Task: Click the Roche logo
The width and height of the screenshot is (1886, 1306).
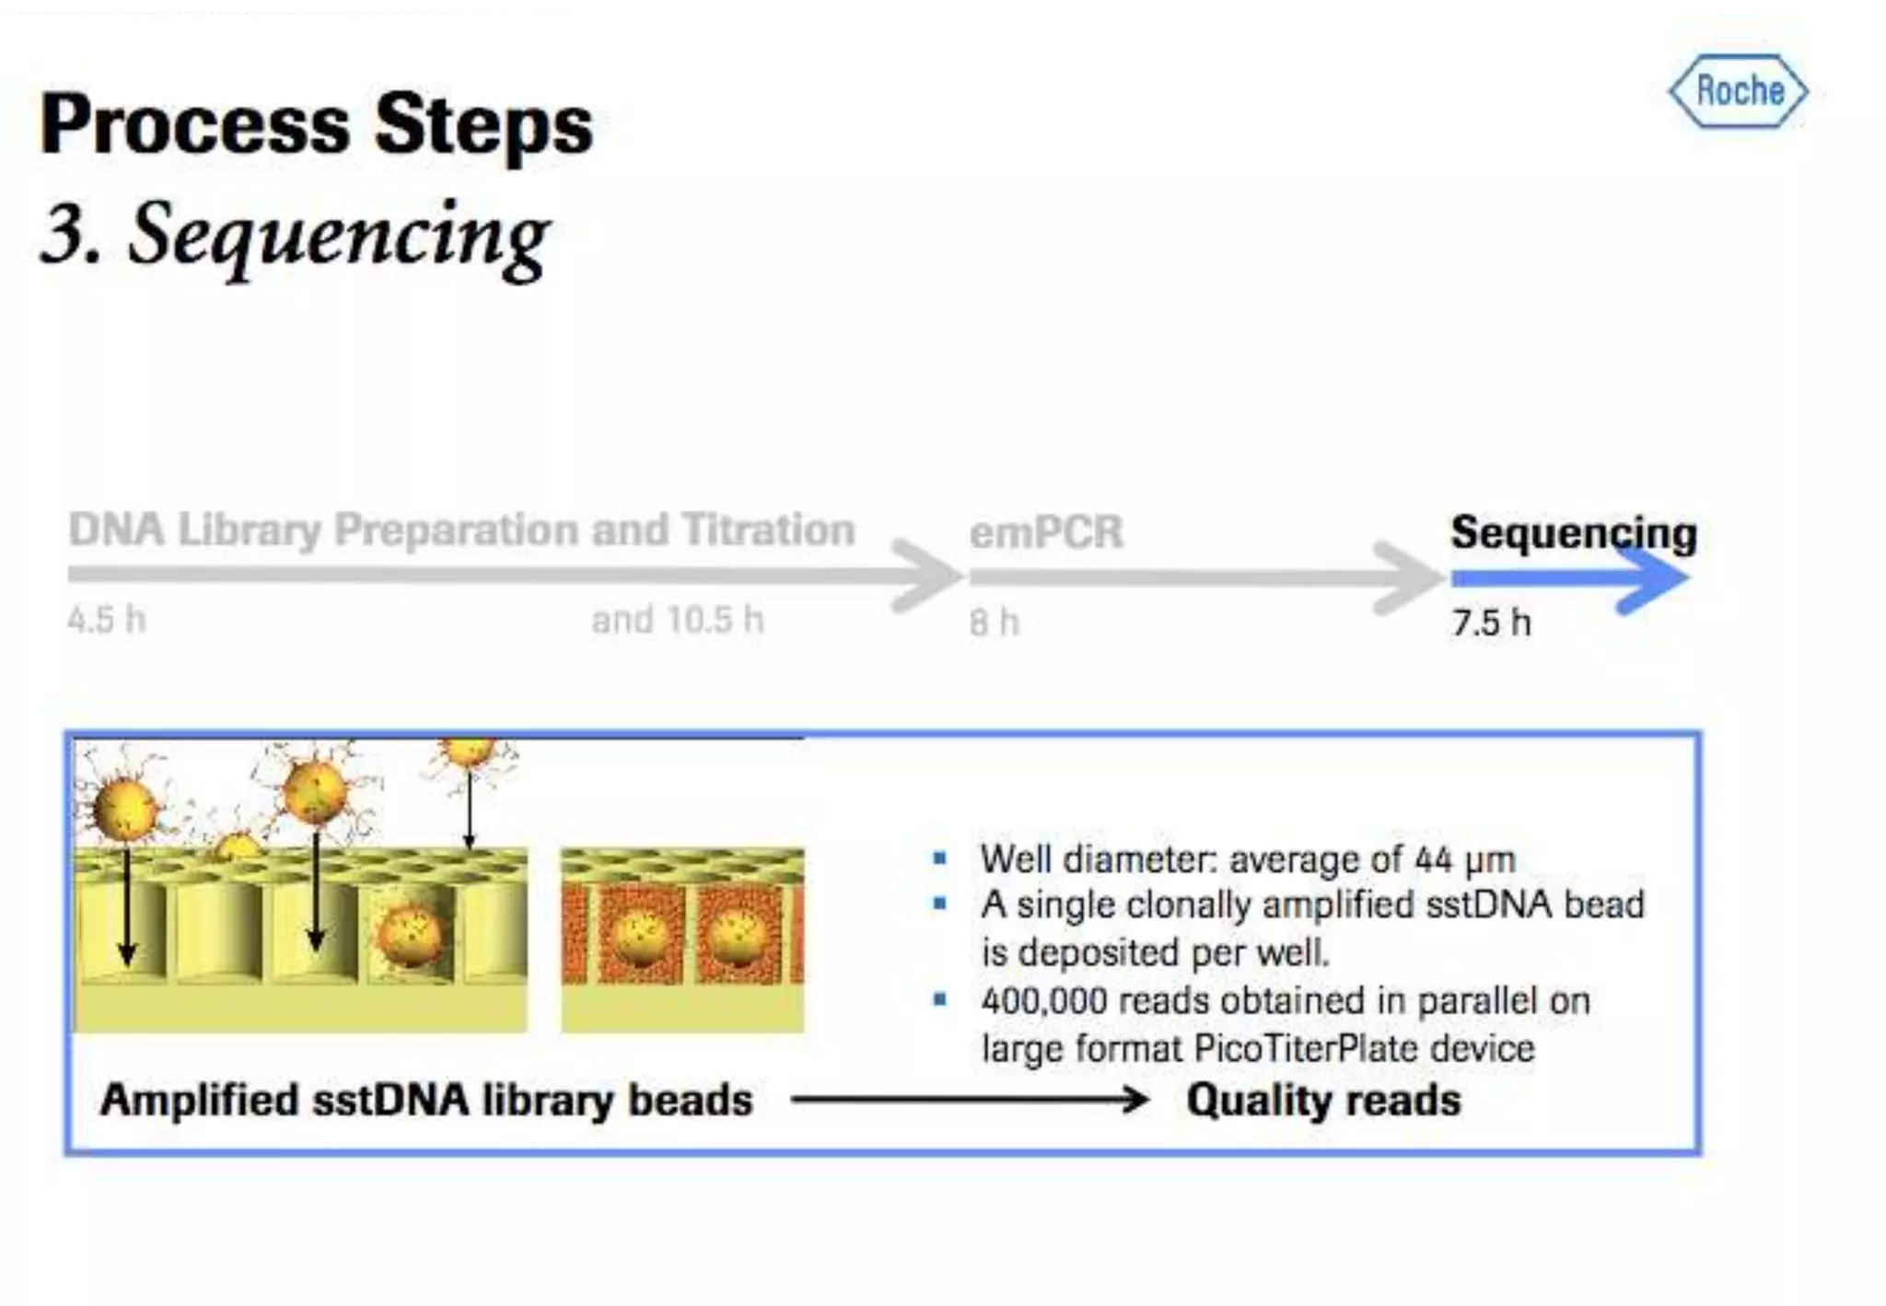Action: [x=1738, y=91]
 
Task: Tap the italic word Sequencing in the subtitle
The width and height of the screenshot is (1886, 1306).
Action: [x=338, y=235]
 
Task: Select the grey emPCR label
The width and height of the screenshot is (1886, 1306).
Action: [x=1046, y=532]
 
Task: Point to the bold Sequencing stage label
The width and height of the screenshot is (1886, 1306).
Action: [x=1573, y=532]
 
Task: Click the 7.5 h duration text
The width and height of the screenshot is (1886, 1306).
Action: [x=1491, y=623]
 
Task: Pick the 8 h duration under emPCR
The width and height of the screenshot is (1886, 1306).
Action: [x=994, y=623]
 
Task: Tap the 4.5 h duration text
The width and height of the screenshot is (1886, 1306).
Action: [x=107, y=619]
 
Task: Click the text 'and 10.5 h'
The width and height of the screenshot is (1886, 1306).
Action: [x=677, y=620]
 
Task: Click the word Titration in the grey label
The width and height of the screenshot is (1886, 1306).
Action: [x=768, y=530]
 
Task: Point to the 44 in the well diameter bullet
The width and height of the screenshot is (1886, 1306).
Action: [x=1433, y=859]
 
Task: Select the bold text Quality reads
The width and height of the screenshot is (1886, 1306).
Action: [x=1322, y=1100]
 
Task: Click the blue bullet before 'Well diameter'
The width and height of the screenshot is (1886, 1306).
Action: [x=939, y=858]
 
